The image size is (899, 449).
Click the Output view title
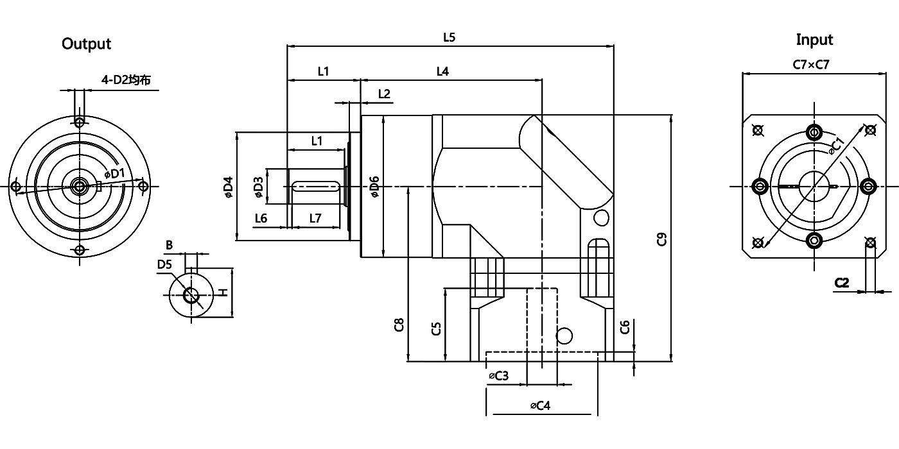point(86,44)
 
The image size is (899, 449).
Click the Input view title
point(814,40)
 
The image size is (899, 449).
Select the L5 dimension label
point(449,37)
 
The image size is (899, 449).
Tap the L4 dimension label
point(442,71)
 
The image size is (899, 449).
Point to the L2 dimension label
point(384,94)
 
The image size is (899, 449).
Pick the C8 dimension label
point(399,325)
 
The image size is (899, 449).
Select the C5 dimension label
point(436,329)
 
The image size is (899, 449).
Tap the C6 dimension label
point(625,327)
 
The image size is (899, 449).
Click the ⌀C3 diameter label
point(498,376)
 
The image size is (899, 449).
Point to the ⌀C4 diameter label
point(540,405)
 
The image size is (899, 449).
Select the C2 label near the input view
point(842,282)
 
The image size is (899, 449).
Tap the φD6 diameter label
point(375,185)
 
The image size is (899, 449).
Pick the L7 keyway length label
point(315,218)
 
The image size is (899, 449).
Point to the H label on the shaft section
point(222,292)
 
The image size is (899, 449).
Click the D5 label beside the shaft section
point(164,264)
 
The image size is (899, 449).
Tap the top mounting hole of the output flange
point(79,122)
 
